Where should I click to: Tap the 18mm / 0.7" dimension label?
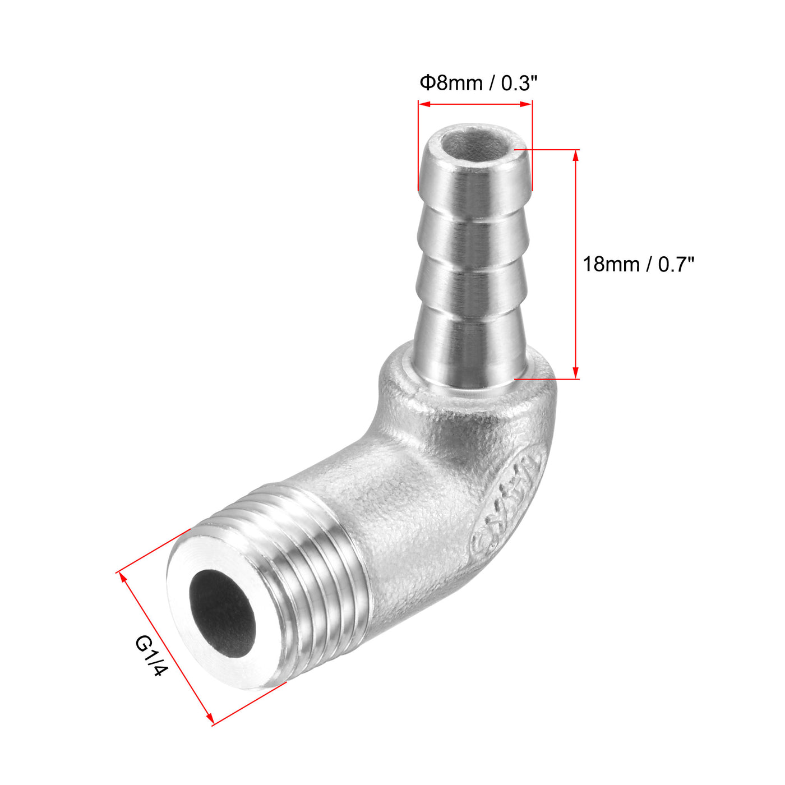coord(638,264)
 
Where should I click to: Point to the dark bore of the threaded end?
coord(222,613)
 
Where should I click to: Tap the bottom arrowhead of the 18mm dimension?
coord(575,373)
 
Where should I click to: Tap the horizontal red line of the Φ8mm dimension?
coord(475,104)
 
